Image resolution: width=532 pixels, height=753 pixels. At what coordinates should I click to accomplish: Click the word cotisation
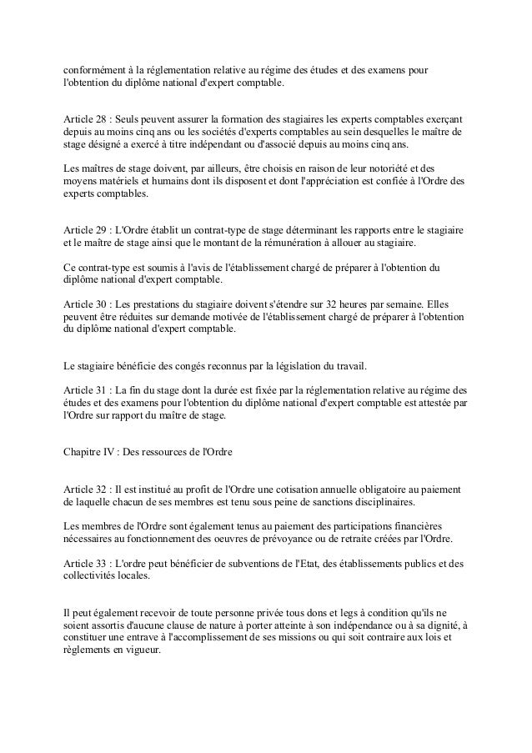(x=279, y=490)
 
